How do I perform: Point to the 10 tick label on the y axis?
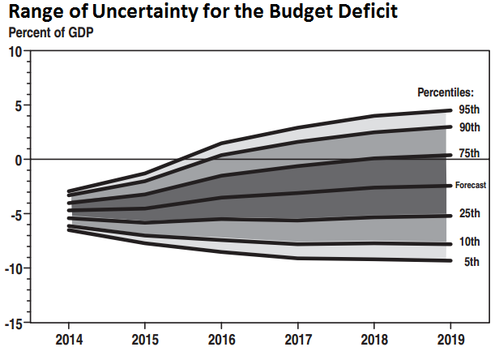pyautogui.click(x=14, y=51)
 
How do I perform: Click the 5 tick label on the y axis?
pyautogui.click(x=17, y=105)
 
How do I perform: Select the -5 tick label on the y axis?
pyautogui.click(x=15, y=215)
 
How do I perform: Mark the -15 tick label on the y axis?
pyautogui.click(x=12, y=324)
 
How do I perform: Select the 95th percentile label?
pyautogui.click(x=469, y=109)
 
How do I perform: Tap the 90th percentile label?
pyautogui.click(x=469, y=127)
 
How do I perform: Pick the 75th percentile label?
pyautogui.click(x=469, y=154)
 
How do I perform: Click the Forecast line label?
pyautogui.click(x=471, y=186)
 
